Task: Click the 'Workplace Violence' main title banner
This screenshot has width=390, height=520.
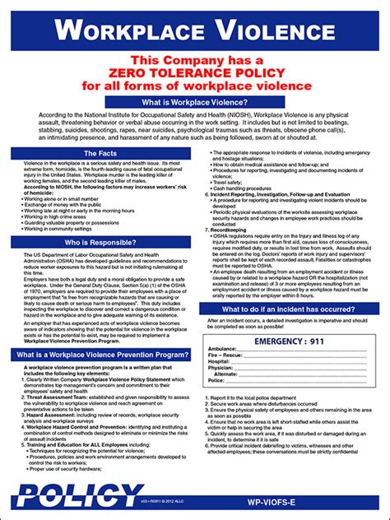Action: click(x=195, y=30)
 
